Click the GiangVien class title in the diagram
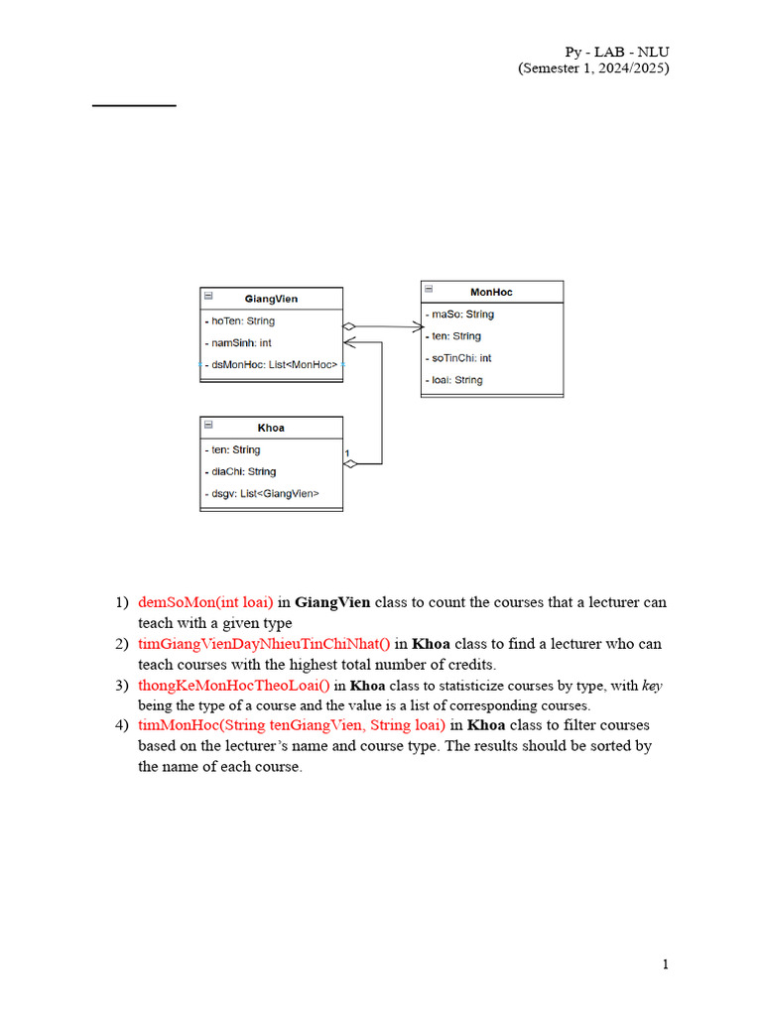click(271, 299)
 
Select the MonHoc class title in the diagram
click(491, 292)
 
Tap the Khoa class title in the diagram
click(271, 428)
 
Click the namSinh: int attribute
click(242, 343)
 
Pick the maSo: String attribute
click(461, 315)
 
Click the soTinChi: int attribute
click(460, 358)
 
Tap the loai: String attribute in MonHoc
click(456, 380)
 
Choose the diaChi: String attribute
click(243, 472)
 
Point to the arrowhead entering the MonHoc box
click(416, 325)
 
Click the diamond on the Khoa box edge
click(349, 463)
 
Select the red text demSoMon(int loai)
click(205, 602)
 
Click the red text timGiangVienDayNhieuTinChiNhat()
click(265, 644)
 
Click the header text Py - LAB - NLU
click(617, 52)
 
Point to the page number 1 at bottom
click(666, 964)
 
